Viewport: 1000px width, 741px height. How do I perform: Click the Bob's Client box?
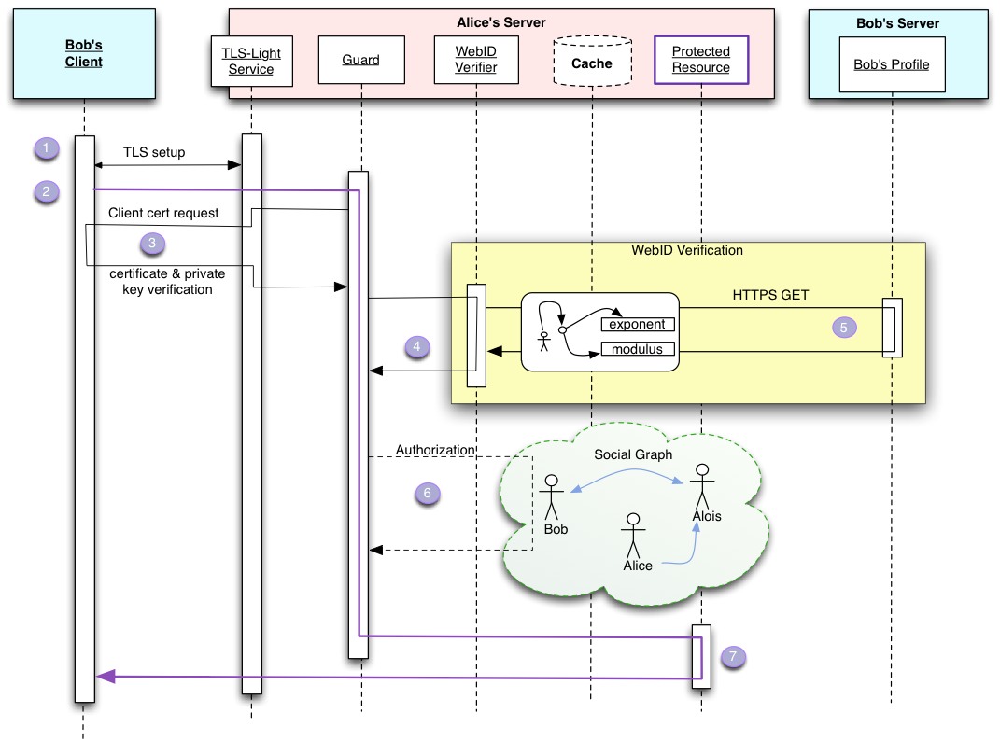(x=84, y=53)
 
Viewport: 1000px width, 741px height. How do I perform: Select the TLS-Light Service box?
(x=252, y=62)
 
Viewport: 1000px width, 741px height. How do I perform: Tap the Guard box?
(x=361, y=60)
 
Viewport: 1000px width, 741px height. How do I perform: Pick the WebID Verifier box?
(x=476, y=60)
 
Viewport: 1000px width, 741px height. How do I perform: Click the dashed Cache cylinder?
(x=593, y=61)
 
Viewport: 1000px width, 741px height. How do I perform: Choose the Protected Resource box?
(x=701, y=60)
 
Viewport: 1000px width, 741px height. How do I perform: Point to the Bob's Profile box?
(x=893, y=64)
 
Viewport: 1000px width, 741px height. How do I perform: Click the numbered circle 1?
(x=46, y=148)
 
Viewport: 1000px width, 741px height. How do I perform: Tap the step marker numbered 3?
(x=152, y=243)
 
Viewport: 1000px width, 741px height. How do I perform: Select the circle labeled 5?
(x=844, y=328)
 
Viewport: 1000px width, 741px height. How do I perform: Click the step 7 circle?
(x=733, y=657)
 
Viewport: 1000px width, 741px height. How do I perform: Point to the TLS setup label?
(x=154, y=152)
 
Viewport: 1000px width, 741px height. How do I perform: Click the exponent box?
(x=638, y=324)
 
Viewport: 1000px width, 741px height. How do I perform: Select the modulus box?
(x=638, y=349)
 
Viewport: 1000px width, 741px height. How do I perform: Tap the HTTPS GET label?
(x=770, y=295)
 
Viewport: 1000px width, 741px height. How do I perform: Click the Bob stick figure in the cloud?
(x=552, y=497)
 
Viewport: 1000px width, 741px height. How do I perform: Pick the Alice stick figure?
(x=633, y=536)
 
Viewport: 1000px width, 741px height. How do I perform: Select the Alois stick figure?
(x=702, y=486)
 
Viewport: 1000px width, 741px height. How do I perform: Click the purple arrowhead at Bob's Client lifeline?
(x=106, y=677)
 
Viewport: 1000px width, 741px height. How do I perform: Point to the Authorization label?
(x=436, y=450)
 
